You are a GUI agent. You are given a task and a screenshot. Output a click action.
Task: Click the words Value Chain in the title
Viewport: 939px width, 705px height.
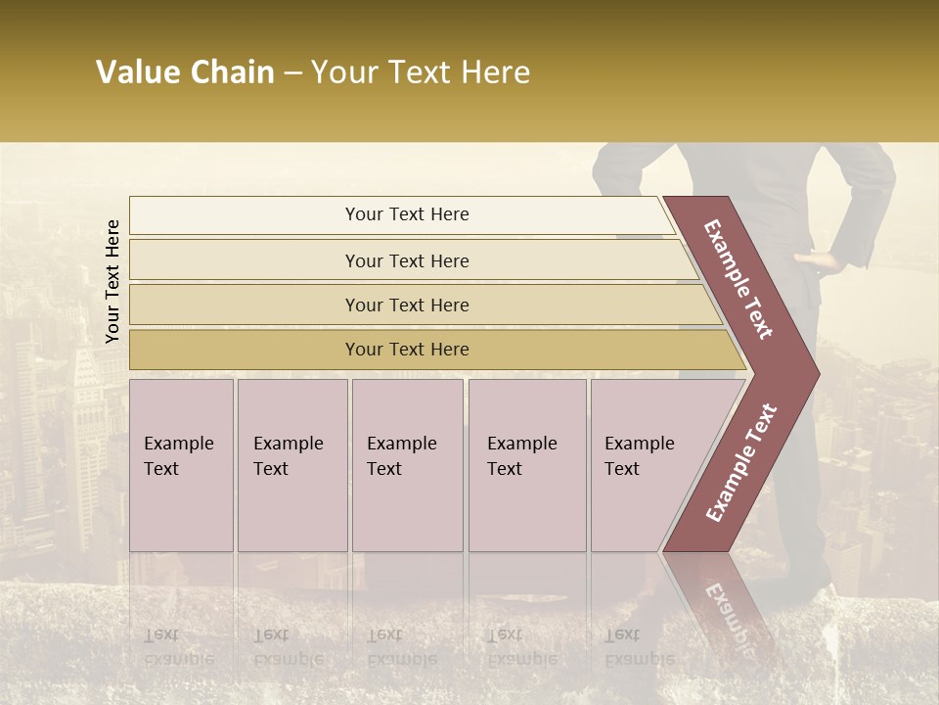(185, 72)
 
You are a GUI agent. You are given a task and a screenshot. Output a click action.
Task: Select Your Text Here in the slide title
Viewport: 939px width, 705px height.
(420, 72)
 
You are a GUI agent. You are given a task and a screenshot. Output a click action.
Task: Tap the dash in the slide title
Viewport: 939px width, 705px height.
(291, 73)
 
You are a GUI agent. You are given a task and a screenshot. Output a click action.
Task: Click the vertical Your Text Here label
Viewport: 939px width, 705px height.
(112, 281)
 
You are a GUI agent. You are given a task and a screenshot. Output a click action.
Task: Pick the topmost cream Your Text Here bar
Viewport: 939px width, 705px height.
(406, 214)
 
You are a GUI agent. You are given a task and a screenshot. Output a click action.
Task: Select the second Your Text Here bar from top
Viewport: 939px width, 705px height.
(406, 260)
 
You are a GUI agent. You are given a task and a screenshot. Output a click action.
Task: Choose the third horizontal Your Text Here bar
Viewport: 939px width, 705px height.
(406, 305)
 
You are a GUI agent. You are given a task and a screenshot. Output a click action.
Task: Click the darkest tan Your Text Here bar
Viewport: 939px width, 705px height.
(406, 350)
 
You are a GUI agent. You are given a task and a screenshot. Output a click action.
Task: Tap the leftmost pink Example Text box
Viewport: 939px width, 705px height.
(181, 465)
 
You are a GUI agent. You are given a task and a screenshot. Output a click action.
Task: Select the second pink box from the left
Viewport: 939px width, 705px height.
(292, 465)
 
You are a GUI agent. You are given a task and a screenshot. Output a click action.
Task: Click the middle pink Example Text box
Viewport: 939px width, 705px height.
(407, 465)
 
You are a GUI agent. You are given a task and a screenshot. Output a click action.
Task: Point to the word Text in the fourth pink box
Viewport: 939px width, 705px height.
(505, 469)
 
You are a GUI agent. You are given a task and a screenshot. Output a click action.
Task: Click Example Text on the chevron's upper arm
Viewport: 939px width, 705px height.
(738, 279)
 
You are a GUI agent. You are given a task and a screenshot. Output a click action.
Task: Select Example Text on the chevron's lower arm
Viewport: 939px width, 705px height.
(740, 463)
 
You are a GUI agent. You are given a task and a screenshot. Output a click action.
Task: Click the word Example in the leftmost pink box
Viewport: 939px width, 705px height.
(178, 444)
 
